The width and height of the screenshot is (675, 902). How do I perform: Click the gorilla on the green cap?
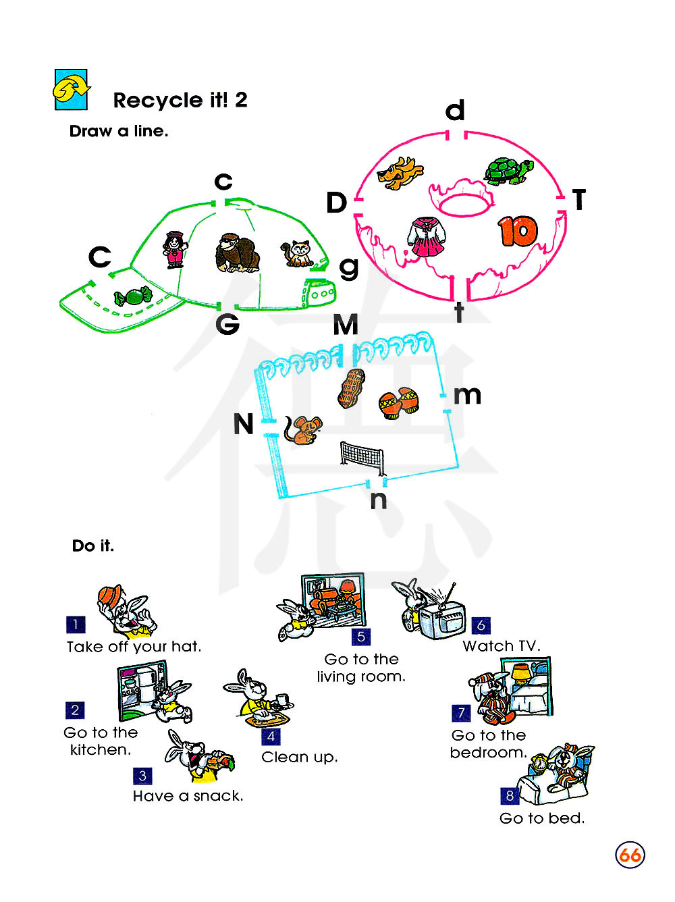pyautogui.click(x=237, y=253)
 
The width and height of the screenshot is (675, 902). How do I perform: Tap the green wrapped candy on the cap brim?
pyautogui.click(x=133, y=296)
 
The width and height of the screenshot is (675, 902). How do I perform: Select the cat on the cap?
pyautogui.click(x=297, y=253)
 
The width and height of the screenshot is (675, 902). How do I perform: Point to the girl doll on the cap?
pyautogui.click(x=175, y=248)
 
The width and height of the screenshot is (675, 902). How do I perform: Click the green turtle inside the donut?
pyautogui.click(x=508, y=171)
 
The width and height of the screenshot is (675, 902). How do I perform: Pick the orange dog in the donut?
pyautogui.click(x=400, y=173)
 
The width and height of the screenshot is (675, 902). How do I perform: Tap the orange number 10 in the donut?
pyautogui.click(x=518, y=232)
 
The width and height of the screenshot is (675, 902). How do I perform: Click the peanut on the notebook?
pyautogui.click(x=350, y=388)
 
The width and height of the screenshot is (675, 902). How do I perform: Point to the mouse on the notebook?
pyautogui.click(x=303, y=430)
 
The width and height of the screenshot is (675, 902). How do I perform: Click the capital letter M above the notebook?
pyautogui.click(x=346, y=325)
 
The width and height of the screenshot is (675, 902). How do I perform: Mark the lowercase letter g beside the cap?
pyautogui.click(x=348, y=268)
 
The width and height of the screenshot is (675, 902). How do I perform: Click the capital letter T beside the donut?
pyautogui.click(x=579, y=200)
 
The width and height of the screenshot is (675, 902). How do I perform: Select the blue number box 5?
pyautogui.click(x=361, y=637)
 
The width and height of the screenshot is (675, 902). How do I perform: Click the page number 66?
pyautogui.click(x=630, y=855)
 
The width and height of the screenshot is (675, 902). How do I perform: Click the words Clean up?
pyautogui.click(x=299, y=758)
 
